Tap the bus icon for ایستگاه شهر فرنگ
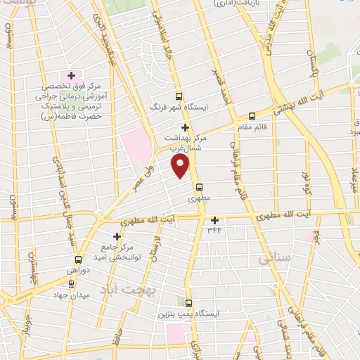pyautogui.click(x=179, y=97)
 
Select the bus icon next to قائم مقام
pyautogui.click(x=252, y=117)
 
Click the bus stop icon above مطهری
pyautogui.click(x=200, y=188)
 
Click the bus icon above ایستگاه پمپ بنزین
pyautogui.click(x=188, y=302)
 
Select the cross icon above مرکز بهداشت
pyautogui.click(x=186, y=127)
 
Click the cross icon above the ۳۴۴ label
pyautogui.click(x=214, y=219)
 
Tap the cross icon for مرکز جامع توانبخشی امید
pyautogui.click(x=118, y=236)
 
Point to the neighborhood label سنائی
pyautogui.click(x=274, y=259)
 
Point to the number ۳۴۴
pyautogui.click(x=214, y=229)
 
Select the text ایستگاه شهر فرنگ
pyautogui.click(x=185, y=108)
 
